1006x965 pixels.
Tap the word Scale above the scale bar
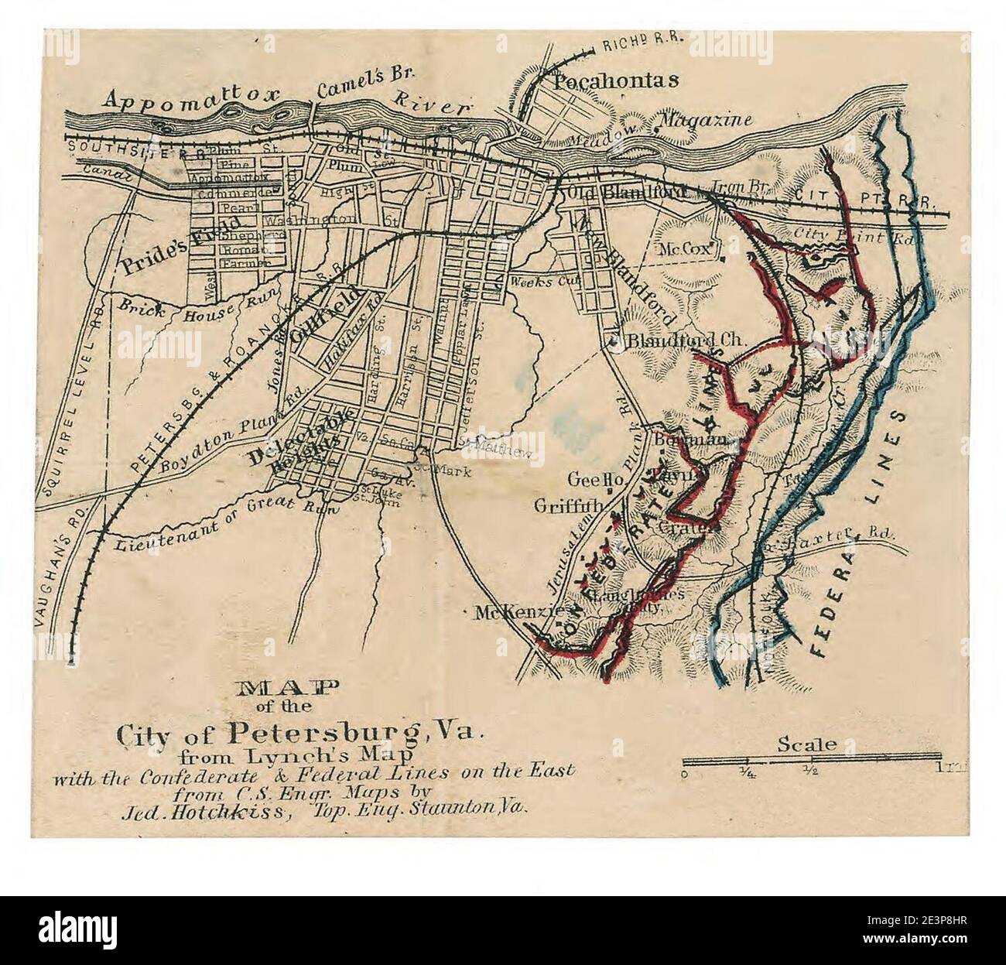(x=807, y=744)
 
